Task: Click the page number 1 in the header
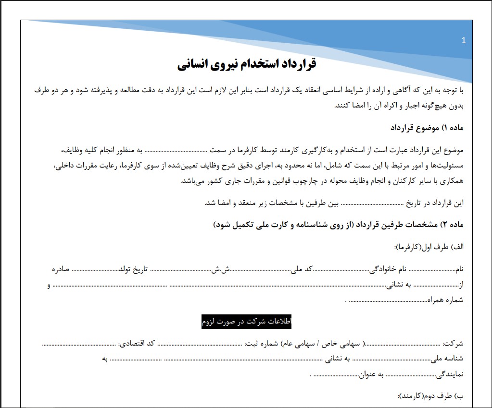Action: pyautogui.click(x=463, y=41)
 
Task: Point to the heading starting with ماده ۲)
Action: pyautogui.click(x=338, y=225)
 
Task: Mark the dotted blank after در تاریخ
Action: pyautogui.click(x=372, y=203)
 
